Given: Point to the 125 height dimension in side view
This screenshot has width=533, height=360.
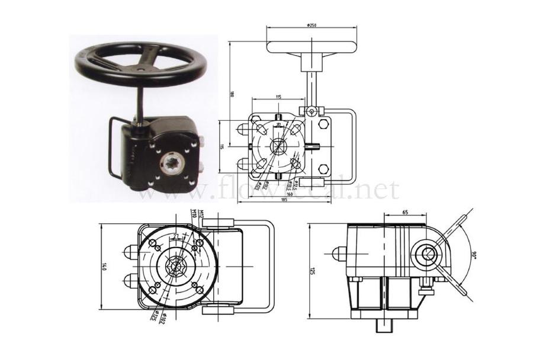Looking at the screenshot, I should point(313,270).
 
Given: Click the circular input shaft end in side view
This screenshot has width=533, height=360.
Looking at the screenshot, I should point(428,253).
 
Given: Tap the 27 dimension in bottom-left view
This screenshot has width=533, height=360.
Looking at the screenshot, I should point(176,236).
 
